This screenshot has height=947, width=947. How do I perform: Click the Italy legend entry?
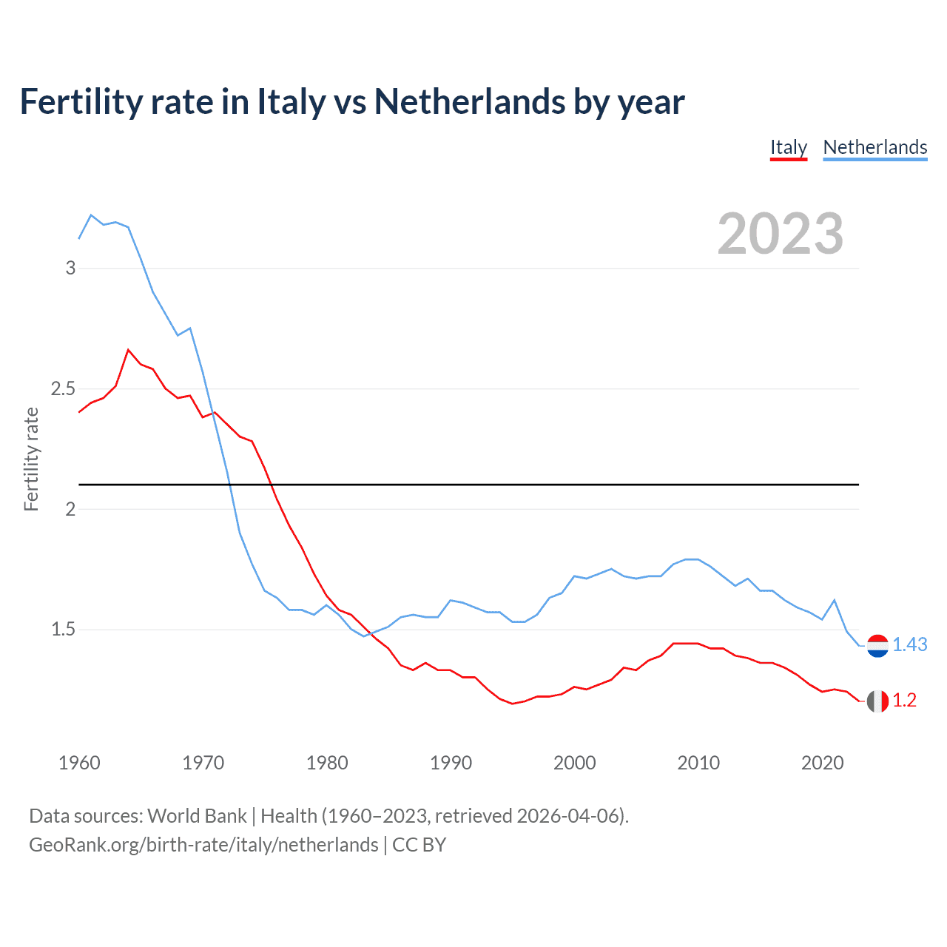pyautogui.click(x=788, y=147)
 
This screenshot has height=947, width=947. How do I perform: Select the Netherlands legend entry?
pyautogui.click(x=874, y=147)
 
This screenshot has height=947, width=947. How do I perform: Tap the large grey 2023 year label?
pyautogui.click(x=781, y=234)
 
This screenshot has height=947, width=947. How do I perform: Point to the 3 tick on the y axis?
pyautogui.click(x=70, y=268)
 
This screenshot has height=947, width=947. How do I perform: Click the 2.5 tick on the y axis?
pyautogui.click(x=63, y=388)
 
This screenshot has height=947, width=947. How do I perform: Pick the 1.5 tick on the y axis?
pyautogui.click(x=63, y=630)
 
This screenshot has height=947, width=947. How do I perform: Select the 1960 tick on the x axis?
pyautogui.click(x=79, y=763)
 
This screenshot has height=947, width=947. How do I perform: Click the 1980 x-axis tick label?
pyautogui.click(x=327, y=763)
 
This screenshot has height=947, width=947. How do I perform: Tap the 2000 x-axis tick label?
pyautogui.click(x=574, y=763)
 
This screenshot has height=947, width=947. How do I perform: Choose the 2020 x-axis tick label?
pyautogui.click(x=822, y=763)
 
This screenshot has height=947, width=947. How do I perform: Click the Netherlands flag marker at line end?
pyautogui.click(x=877, y=645)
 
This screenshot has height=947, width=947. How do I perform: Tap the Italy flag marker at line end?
pyautogui.click(x=877, y=701)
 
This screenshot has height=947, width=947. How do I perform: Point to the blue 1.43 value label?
pyautogui.click(x=909, y=644)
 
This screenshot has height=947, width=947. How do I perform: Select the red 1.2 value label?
pyautogui.click(x=904, y=701)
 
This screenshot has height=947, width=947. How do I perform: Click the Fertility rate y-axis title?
pyautogui.click(x=31, y=459)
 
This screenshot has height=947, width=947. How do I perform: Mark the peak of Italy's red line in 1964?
pyautogui.click(x=128, y=349)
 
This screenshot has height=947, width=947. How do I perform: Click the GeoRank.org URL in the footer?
pyautogui.click(x=203, y=845)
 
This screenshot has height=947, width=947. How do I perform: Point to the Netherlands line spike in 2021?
pyautogui.click(x=835, y=600)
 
